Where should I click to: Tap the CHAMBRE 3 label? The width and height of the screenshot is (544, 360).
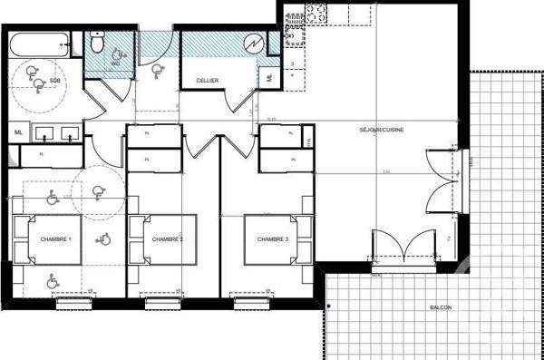coord(273,239)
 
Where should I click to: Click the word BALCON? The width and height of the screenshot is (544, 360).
coord(442,307)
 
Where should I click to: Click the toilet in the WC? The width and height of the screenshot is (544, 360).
coord(99,42)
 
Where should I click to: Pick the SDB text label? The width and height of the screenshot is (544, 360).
coord(54,81)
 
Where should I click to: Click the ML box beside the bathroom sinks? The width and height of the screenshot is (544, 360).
coord(19,132)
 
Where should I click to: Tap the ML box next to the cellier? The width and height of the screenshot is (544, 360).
coord(270,78)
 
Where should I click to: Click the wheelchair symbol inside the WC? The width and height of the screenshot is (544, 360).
coord(117,56)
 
